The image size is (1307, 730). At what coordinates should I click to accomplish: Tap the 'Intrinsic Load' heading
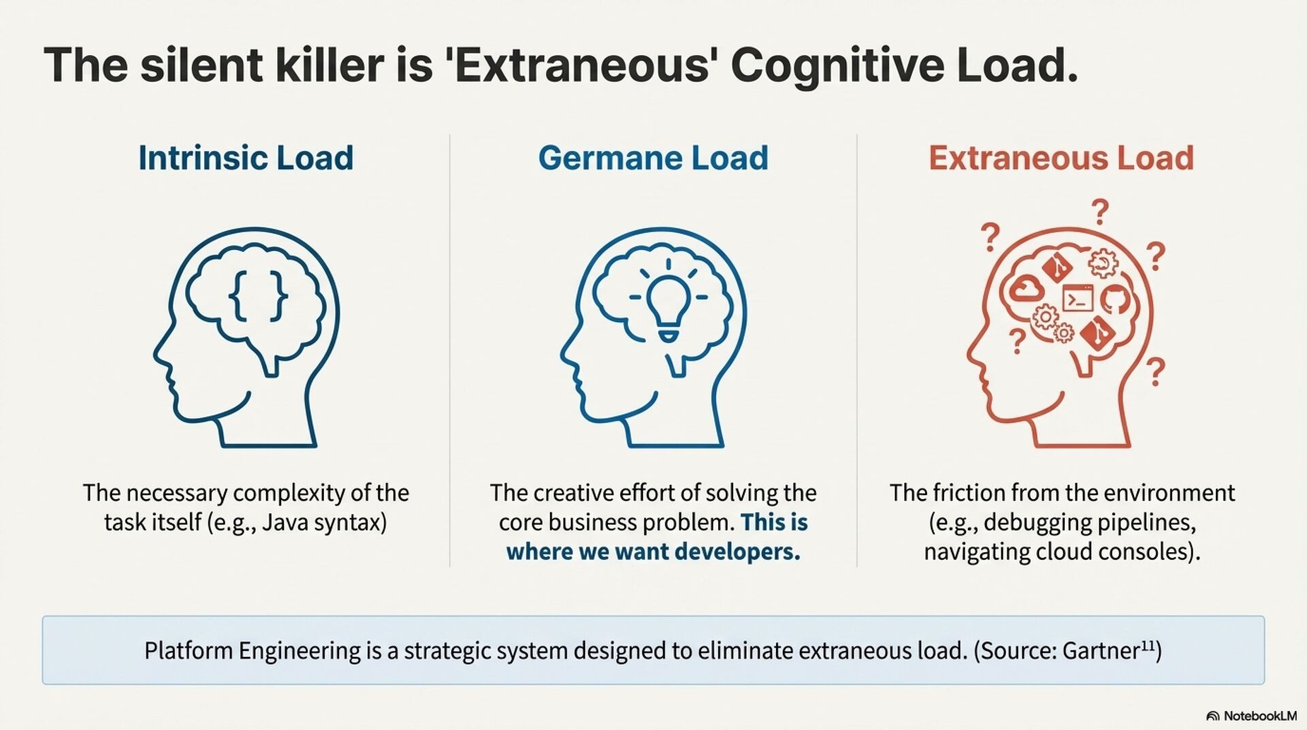click(246, 158)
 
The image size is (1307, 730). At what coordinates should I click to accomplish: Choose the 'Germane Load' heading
click(653, 158)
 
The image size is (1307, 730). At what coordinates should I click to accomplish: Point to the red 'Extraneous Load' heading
click(1061, 158)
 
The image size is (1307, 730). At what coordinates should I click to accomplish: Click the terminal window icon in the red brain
click(1078, 298)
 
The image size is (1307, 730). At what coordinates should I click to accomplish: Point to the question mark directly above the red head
click(1099, 211)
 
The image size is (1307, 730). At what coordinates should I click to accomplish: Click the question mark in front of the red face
click(1017, 340)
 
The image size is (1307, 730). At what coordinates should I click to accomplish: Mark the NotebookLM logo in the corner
click(1251, 716)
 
